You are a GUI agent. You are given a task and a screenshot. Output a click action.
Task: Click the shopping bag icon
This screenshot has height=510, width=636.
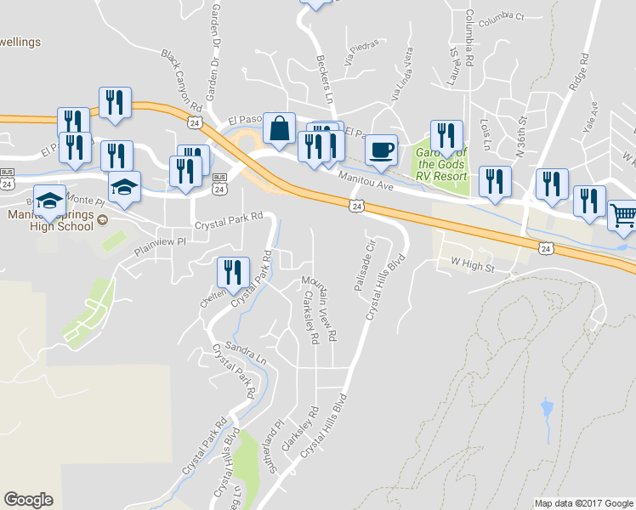point(279,129)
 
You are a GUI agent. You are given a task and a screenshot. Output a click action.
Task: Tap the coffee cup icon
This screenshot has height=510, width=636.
point(381,150)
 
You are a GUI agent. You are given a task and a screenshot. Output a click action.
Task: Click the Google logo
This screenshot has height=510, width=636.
point(28,500)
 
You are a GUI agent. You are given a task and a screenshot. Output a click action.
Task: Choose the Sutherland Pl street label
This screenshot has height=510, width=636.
point(277,441)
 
